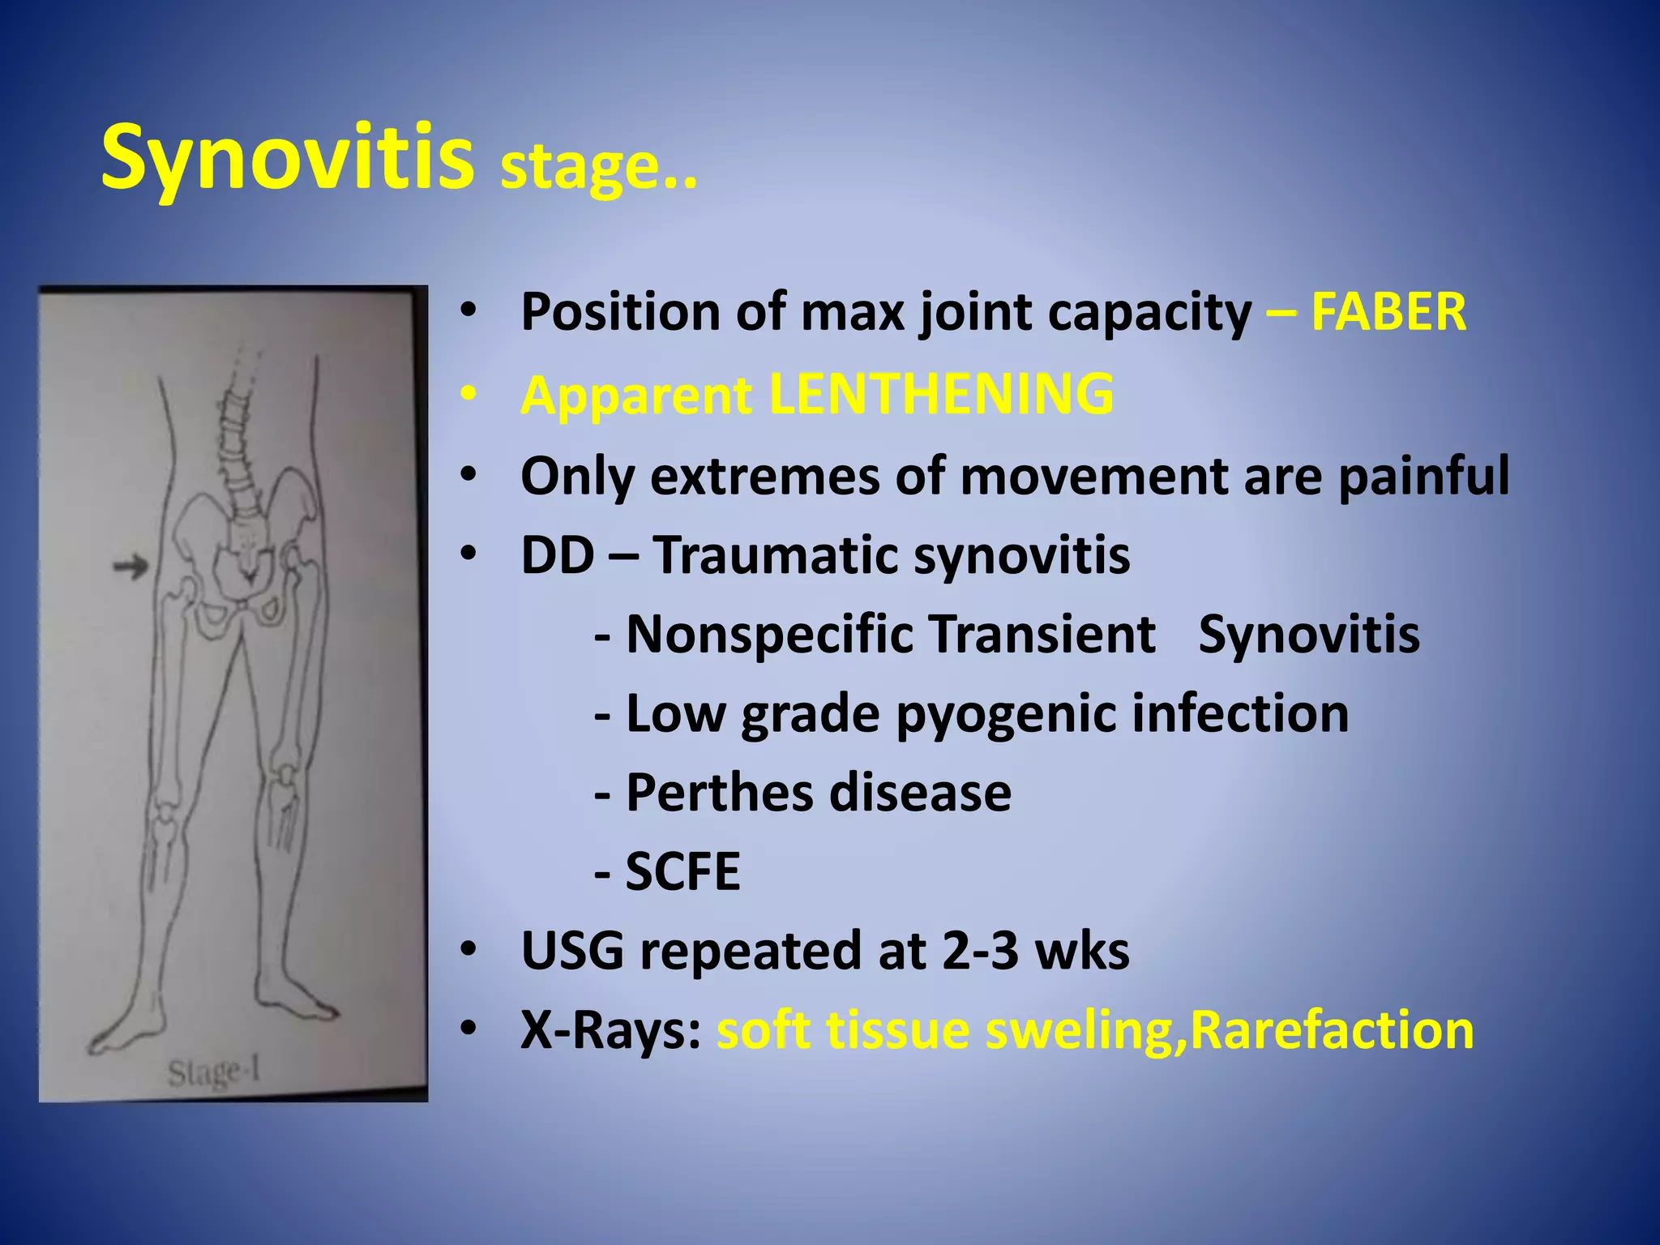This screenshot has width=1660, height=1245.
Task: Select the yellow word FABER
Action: click(1388, 312)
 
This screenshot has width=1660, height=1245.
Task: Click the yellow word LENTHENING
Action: click(940, 394)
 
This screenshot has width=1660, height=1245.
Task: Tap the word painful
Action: click(1423, 477)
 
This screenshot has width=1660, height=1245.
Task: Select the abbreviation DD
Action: click(557, 555)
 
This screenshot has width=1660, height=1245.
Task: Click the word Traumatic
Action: click(776, 555)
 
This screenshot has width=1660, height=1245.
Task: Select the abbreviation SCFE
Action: click(682, 871)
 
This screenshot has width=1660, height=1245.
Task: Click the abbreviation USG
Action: click(572, 951)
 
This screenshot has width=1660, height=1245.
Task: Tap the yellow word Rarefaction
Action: click(1331, 1031)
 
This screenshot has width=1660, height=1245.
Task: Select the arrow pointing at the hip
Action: click(130, 566)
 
